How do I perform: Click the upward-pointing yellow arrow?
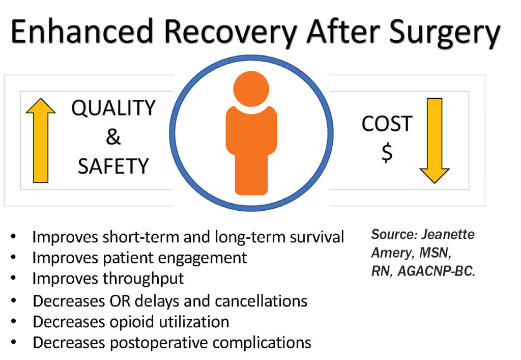pyautogui.click(x=41, y=140)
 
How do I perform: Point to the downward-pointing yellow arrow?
pyautogui.click(x=434, y=140)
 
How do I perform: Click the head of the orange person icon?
pyautogui.click(x=251, y=89)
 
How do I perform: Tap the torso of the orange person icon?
pyautogui.click(x=251, y=148)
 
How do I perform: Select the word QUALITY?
pyautogui.click(x=113, y=108)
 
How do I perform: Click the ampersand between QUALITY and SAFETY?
pyautogui.click(x=112, y=137)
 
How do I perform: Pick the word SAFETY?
pyautogui.click(x=113, y=166)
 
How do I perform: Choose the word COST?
pyautogui.click(x=387, y=124)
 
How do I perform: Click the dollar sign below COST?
pyautogui.click(x=387, y=153)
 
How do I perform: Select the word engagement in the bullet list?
pyautogui.click(x=204, y=258)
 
